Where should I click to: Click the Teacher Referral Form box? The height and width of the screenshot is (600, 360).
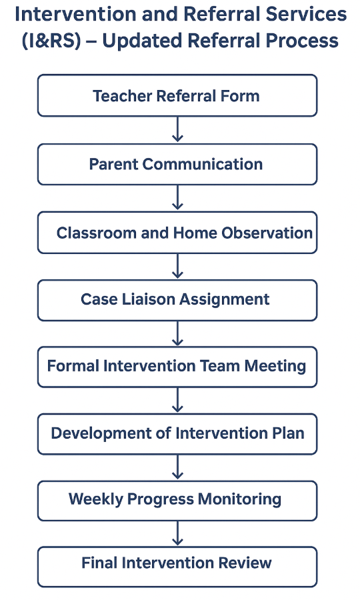pyautogui.click(x=177, y=95)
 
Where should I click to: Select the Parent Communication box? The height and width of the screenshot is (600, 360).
pyautogui.click(x=177, y=164)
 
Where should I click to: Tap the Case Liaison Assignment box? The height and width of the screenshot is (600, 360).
pyautogui.click(x=177, y=300)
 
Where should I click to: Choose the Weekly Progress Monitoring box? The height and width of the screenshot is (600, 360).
pyautogui.click(x=177, y=501)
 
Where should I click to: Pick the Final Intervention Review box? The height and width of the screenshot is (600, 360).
pyautogui.click(x=177, y=567)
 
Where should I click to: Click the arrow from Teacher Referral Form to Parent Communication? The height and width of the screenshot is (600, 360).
pyautogui.click(x=177, y=130)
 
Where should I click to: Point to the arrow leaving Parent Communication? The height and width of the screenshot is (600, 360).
pyautogui.click(x=177, y=198)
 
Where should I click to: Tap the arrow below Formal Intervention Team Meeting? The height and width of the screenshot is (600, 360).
pyautogui.click(x=177, y=400)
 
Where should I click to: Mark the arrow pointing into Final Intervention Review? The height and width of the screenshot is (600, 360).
pyautogui.click(x=177, y=533)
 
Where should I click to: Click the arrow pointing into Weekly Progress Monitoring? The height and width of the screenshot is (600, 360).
pyautogui.click(x=177, y=467)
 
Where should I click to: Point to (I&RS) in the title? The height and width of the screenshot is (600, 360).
pyautogui.click(x=51, y=41)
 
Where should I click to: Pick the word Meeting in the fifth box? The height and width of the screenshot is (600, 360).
pyautogui.click(x=275, y=367)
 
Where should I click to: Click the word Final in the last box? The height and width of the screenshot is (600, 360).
pyautogui.click(x=99, y=563)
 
